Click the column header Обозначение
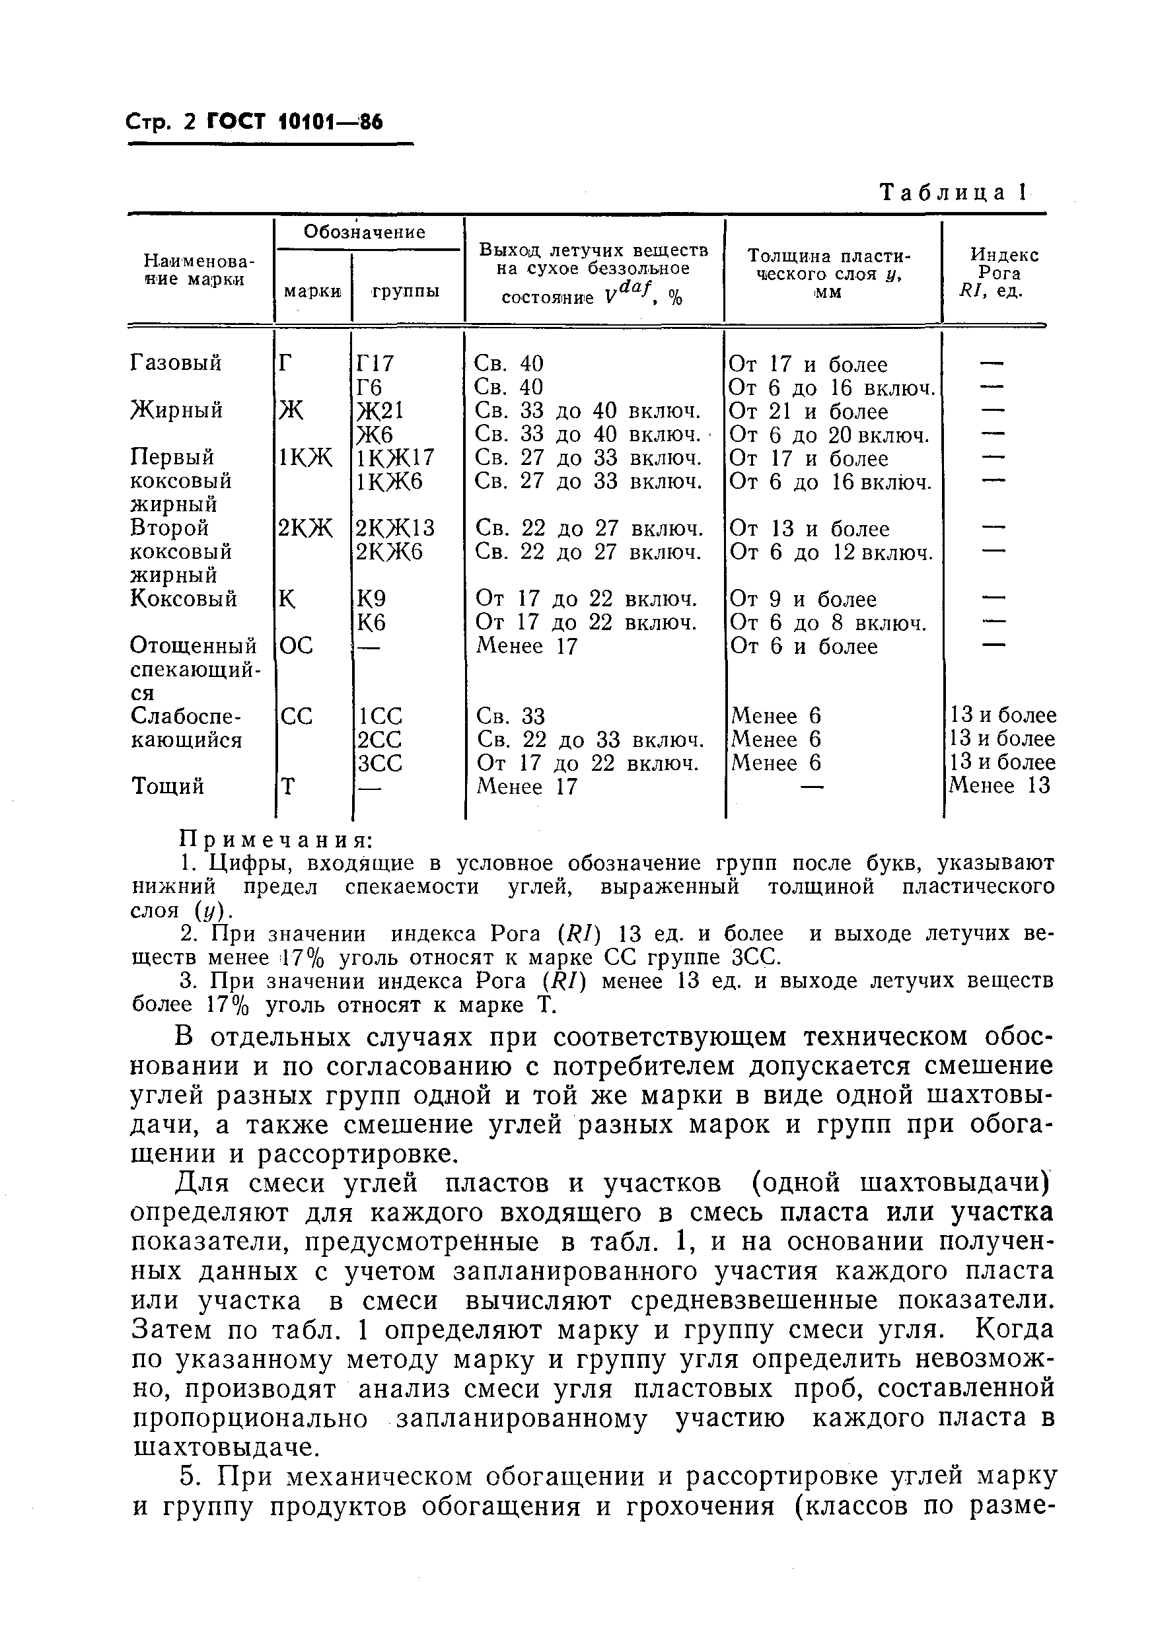pos(365,231)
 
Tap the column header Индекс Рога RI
pos(993,273)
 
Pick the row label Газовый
pos(176,363)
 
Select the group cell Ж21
pos(380,411)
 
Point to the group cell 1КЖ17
pos(394,458)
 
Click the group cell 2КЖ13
pos(395,528)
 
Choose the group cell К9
pos(371,598)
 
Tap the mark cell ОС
pos(296,646)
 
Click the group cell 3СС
pos(379,763)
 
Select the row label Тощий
pos(168,787)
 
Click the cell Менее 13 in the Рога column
pos(999,787)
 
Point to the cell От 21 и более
pos(808,411)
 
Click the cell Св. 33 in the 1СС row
pos(510,716)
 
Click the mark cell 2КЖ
pos(305,528)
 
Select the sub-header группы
pos(405,291)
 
